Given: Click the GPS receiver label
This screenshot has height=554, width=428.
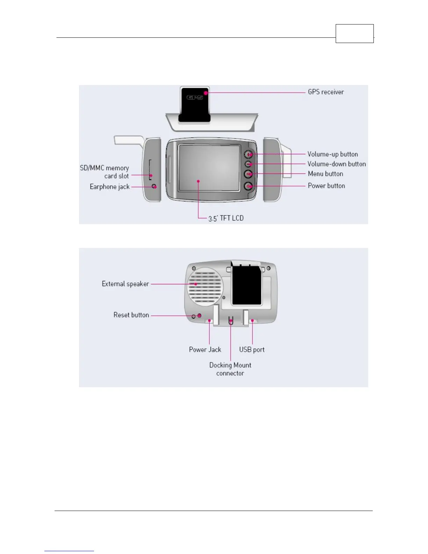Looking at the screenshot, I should (326, 92).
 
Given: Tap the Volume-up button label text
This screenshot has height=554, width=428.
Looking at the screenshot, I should (333, 154).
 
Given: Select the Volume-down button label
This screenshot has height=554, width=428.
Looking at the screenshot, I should (336, 164).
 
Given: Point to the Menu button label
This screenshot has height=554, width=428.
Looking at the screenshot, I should (325, 174).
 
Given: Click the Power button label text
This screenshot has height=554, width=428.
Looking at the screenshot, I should (326, 186).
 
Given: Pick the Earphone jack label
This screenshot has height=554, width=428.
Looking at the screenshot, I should (109, 187).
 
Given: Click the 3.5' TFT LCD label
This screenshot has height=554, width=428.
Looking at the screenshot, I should (226, 218).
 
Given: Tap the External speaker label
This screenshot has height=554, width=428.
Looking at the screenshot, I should (125, 284).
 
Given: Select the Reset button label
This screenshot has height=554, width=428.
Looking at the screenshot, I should (131, 315).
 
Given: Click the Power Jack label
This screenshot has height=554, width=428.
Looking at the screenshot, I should (205, 350).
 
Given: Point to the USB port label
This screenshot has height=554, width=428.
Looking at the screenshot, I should (252, 350).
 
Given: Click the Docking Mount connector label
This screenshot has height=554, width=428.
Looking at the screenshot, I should (230, 369).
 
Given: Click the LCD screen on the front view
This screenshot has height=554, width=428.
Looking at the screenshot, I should (209, 168).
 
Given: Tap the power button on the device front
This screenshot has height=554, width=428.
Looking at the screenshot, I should (248, 186).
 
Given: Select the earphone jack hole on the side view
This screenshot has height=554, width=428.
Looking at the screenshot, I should (154, 186).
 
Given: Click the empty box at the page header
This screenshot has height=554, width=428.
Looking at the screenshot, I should (355, 34).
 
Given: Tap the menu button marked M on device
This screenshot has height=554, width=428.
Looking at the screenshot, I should (248, 174).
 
